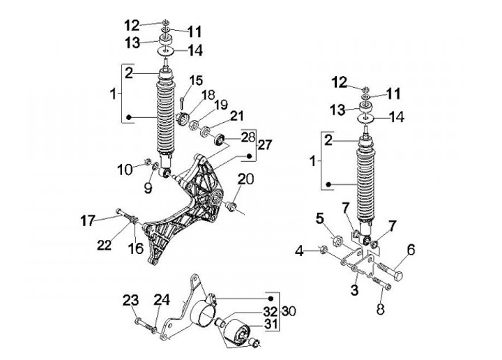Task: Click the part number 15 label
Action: point(196,80)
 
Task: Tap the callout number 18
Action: point(208,95)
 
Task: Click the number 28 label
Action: point(229,136)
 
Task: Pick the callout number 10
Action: point(123,169)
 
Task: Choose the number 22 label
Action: point(104,245)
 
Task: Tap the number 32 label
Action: point(251,311)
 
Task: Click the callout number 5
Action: point(320,219)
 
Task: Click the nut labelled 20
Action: point(232,206)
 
